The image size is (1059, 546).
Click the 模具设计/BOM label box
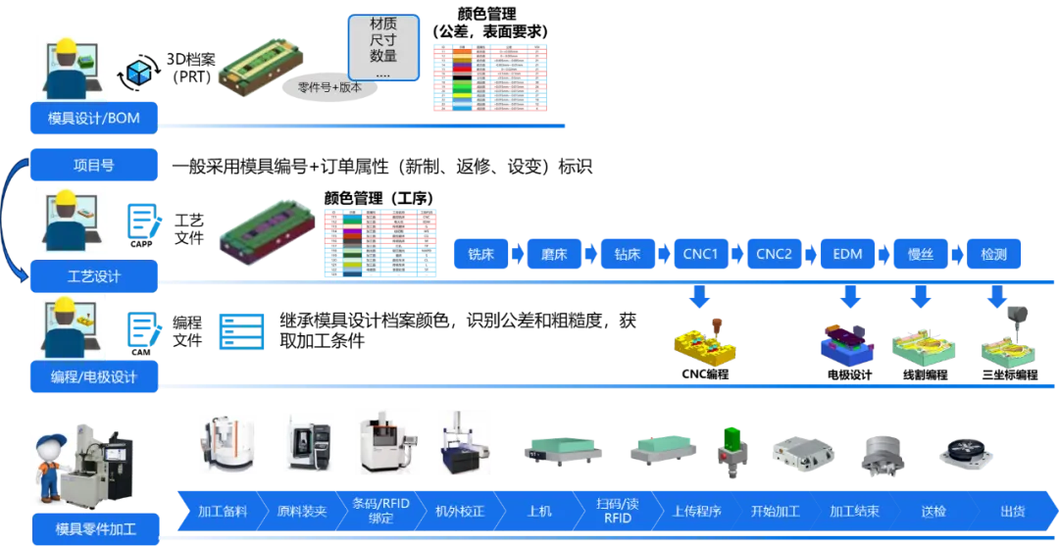click(94, 119)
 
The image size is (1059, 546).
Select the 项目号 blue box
click(94, 165)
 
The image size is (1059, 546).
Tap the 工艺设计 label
click(94, 276)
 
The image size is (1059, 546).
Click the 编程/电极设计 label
click(94, 376)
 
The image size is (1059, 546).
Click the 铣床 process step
click(480, 255)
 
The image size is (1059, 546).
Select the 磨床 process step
click(554, 255)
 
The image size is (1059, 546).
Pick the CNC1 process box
click(701, 255)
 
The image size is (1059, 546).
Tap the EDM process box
click(847, 255)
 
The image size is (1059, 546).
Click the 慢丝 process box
click(921, 255)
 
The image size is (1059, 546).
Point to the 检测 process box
click(993, 255)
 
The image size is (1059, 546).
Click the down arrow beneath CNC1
click(701, 295)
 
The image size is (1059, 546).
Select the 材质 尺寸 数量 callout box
click(383, 47)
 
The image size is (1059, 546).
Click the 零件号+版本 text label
click(330, 87)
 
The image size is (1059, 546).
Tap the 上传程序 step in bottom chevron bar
click(697, 512)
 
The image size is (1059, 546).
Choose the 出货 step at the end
click(1013, 512)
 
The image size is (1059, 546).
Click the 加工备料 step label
click(223, 512)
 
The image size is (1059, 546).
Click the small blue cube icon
click(140, 72)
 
